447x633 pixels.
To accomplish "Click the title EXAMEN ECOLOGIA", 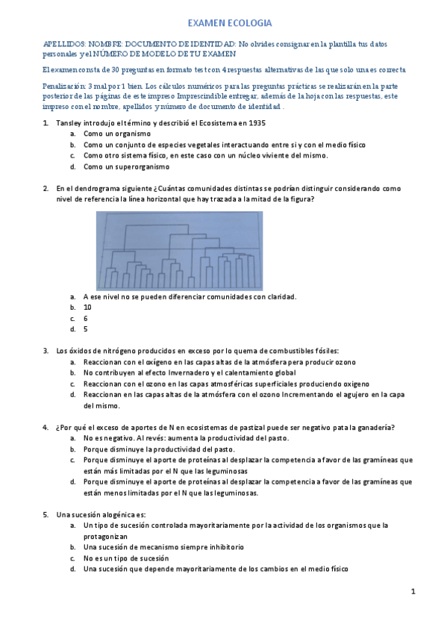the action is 229,24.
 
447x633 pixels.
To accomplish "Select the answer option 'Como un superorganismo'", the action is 126,166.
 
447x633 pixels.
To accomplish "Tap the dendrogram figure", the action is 179,251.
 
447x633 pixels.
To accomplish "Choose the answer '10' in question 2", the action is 87,307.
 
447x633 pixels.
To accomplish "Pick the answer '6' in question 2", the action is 85,318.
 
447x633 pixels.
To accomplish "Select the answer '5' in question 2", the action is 85,329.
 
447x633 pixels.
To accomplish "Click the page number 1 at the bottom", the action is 413,591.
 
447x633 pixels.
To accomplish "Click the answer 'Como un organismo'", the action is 117,134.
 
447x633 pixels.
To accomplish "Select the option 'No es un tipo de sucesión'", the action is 126,558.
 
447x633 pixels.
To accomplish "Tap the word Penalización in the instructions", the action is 64,86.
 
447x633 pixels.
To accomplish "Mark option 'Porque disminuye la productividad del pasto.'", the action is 159,449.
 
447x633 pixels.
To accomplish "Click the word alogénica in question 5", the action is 112,514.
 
